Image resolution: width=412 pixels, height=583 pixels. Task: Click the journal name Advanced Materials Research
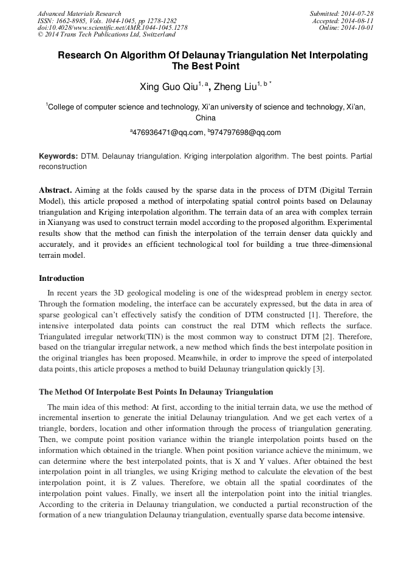[79, 13]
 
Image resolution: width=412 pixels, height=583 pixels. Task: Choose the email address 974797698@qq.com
[246, 132]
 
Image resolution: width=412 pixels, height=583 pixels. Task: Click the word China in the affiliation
[205, 118]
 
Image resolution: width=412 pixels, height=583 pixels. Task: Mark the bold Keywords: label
[58, 156]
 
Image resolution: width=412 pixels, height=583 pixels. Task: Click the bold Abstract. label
[55, 190]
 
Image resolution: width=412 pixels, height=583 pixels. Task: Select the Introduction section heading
[61, 278]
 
